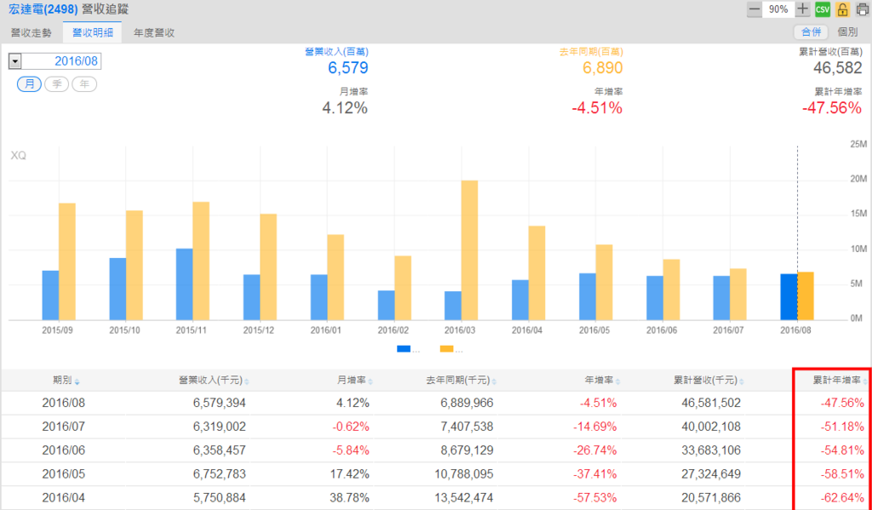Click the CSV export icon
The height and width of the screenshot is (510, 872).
823,9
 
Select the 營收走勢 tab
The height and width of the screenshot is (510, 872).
28,32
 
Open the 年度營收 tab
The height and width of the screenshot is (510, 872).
154,32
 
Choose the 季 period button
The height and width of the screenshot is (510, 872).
57,83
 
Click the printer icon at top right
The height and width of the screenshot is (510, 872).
862,9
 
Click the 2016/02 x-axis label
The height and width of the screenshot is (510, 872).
394,329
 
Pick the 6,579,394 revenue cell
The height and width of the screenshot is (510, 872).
217,402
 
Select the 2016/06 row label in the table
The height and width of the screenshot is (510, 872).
62,450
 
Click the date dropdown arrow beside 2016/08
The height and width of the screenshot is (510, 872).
15,61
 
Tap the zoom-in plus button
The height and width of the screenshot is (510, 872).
802,9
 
